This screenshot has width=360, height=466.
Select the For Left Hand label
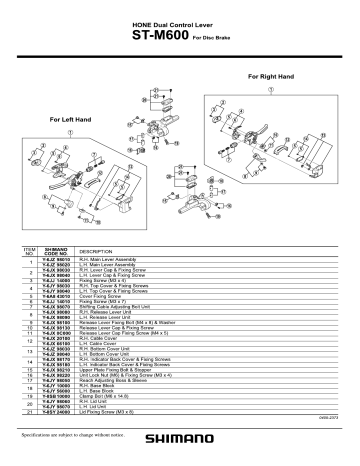point(71,119)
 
